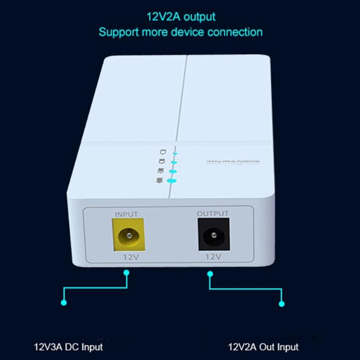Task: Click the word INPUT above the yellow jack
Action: coord(126,214)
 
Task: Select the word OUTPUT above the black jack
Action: coord(212,214)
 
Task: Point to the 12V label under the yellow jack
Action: coord(130,256)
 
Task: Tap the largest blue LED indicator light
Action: coord(171,180)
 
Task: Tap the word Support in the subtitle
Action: coord(119,32)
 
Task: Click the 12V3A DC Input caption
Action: coord(69,347)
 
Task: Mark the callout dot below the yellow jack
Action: coord(126,272)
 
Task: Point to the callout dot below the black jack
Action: coord(210,272)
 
